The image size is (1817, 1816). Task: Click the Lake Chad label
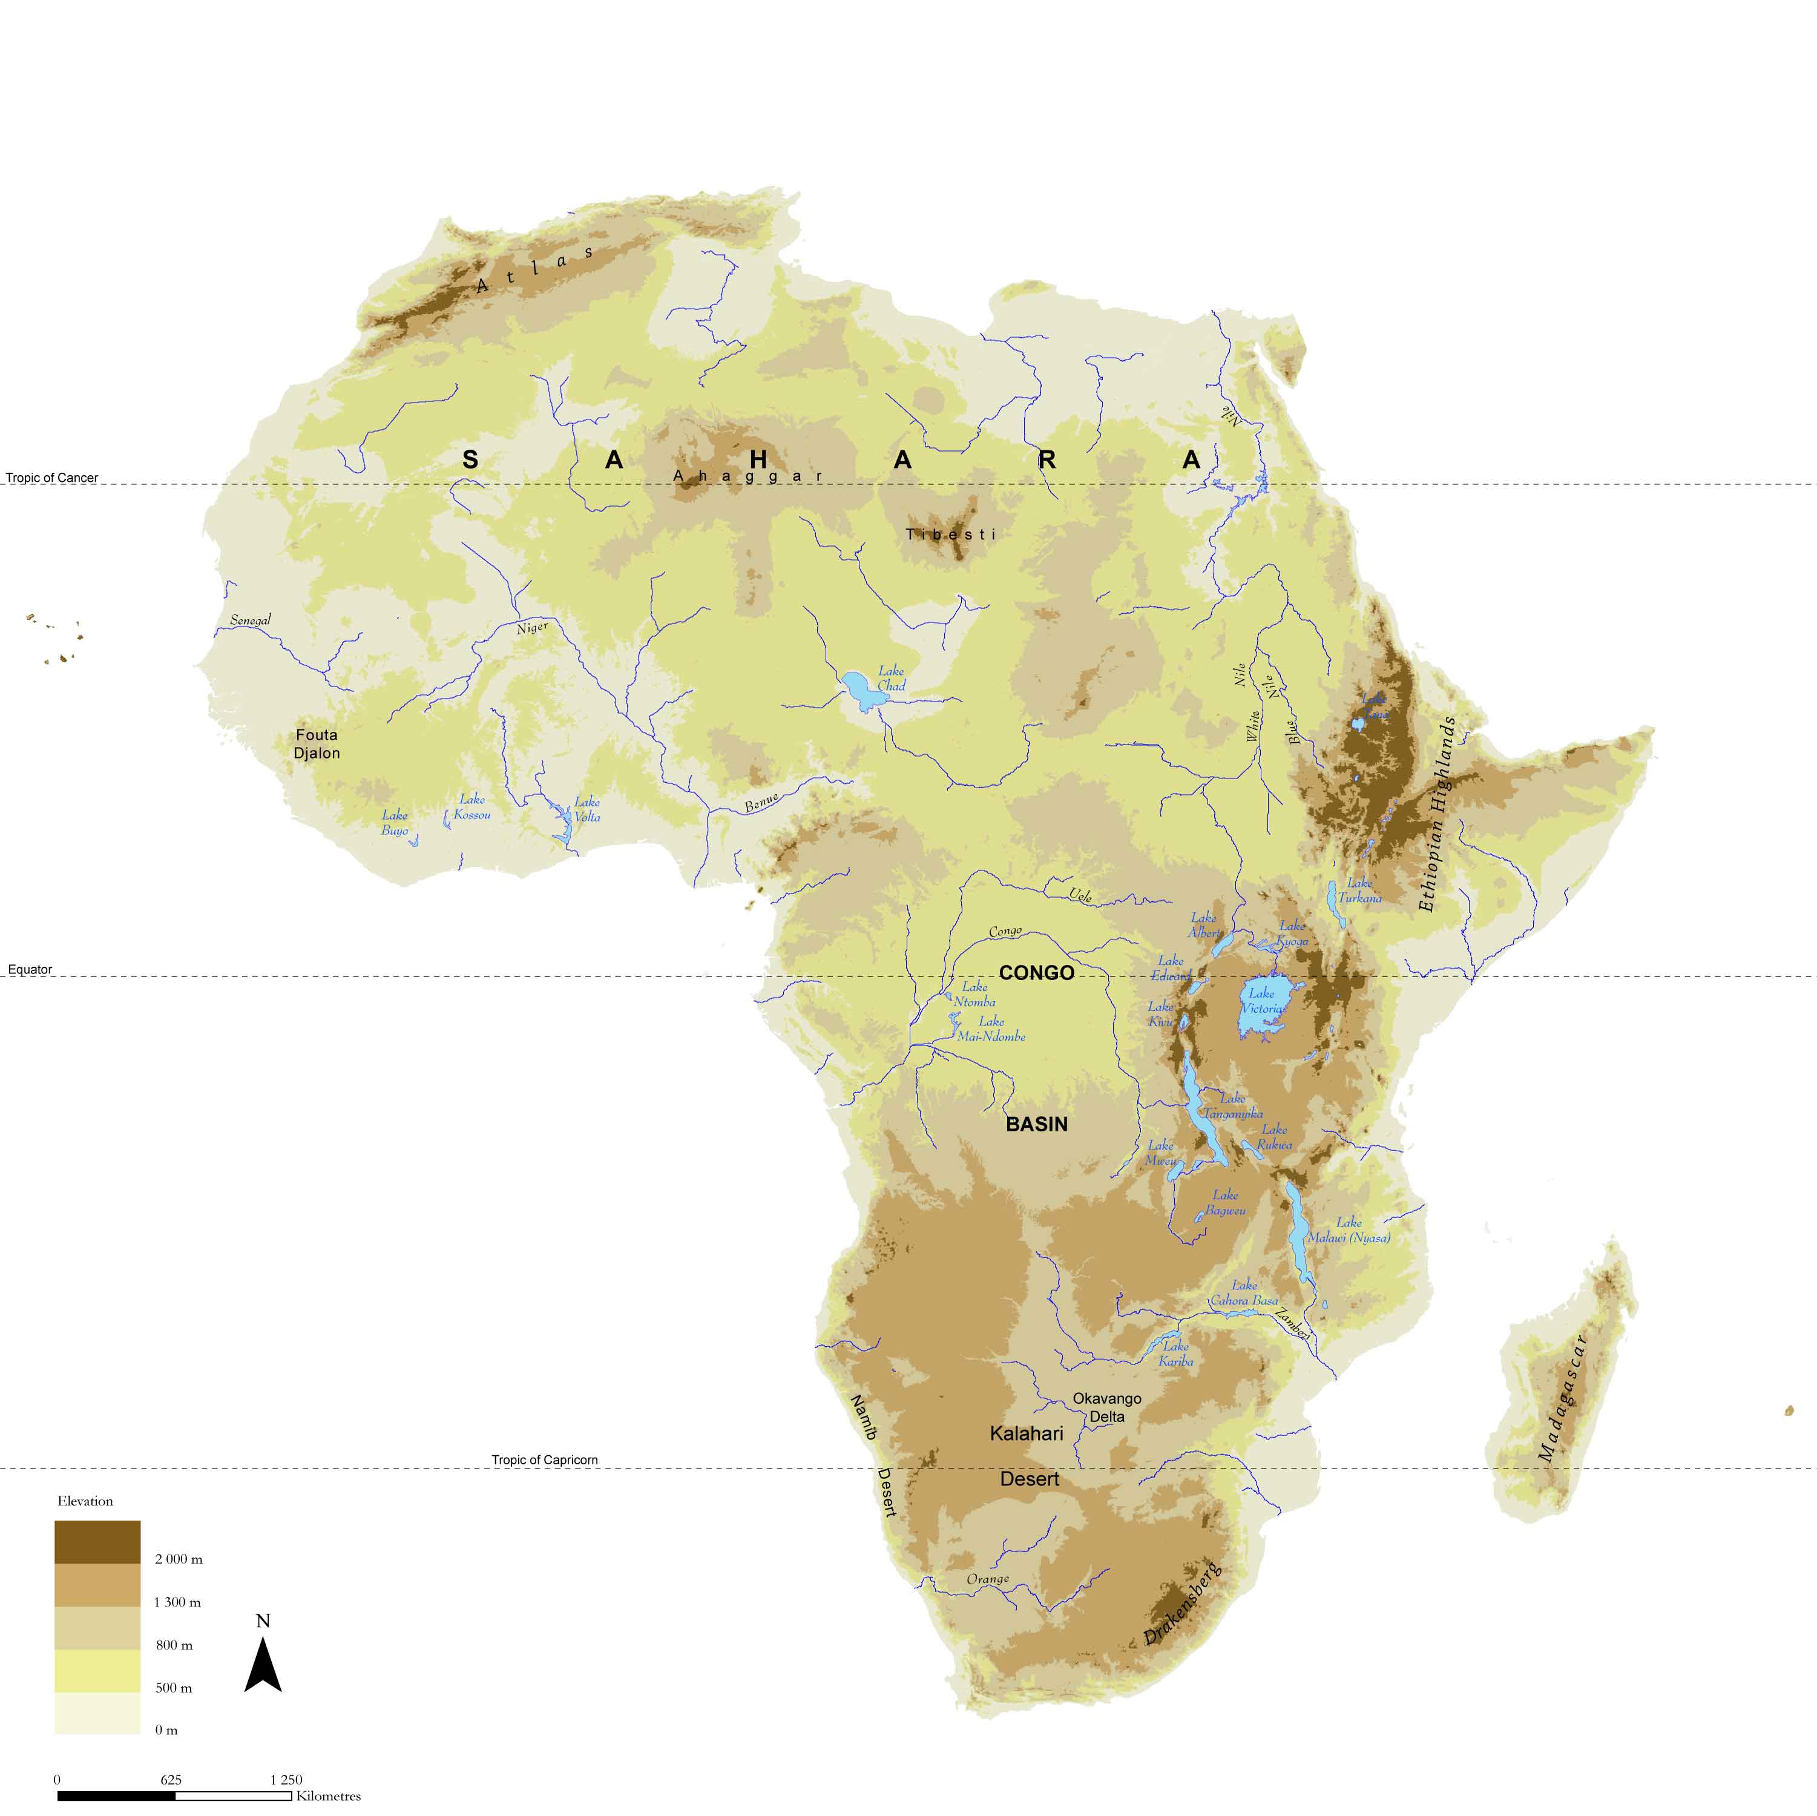890,678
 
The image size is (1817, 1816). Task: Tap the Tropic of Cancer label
51,478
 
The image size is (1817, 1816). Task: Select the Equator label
30,970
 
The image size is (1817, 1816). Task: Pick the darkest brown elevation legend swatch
97,1542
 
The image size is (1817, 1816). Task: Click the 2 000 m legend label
179,1559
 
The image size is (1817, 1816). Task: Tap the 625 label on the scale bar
171,1779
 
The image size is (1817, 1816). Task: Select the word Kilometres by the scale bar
328,1796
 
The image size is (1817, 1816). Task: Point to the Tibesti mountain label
950,534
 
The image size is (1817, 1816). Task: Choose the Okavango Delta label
1107,1407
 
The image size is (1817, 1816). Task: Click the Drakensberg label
1182,1604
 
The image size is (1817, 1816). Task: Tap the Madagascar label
1562,1398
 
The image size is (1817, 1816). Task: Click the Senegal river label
250,620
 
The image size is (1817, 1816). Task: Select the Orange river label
988,1579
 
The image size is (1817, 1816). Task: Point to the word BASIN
1036,1124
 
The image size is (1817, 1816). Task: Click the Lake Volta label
587,809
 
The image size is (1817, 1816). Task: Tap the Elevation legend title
85,1501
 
